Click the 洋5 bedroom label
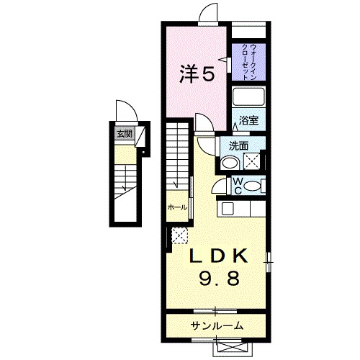click(x=197, y=74)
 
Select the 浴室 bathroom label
click(x=248, y=121)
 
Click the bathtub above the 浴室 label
click(x=249, y=99)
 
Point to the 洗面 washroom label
click(x=239, y=145)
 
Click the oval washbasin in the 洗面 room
click(x=230, y=163)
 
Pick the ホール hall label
click(x=177, y=207)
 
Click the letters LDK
click(x=220, y=256)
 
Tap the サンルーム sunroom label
click(x=217, y=326)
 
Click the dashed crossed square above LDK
click(x=180, y=235)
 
